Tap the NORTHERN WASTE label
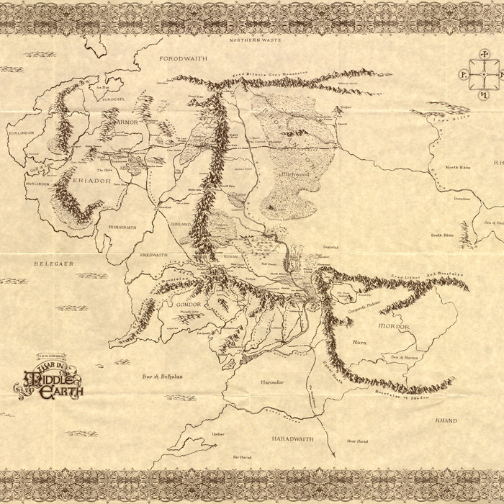(254, 40)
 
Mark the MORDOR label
(394, 326)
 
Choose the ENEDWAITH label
(153, 256)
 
